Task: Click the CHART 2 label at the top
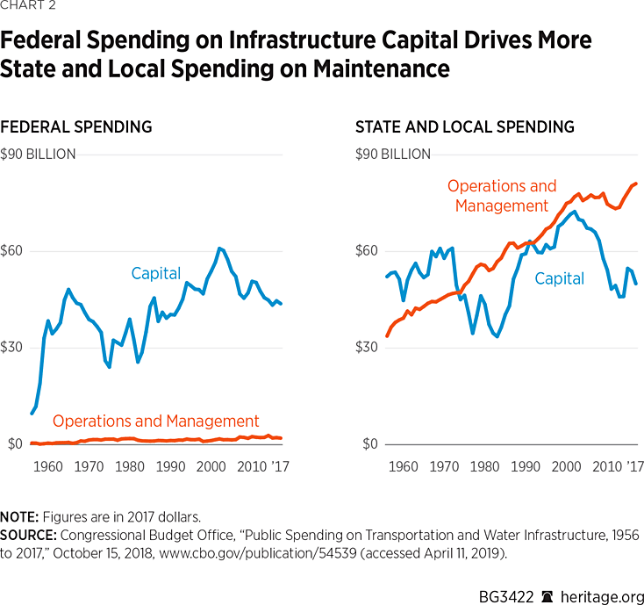(x=31, y=10)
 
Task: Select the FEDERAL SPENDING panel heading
(x=76, y=127)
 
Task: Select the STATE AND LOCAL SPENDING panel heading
(x=464, y=127)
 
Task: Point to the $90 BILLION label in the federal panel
(x=39, y=155)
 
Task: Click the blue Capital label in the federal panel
(x=156, y=274)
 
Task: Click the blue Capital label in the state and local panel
(x=559, y=279)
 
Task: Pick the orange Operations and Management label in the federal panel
(x=156, y=421)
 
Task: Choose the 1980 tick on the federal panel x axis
(x=130, y=466)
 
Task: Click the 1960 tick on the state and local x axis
(x=404, y=466)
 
